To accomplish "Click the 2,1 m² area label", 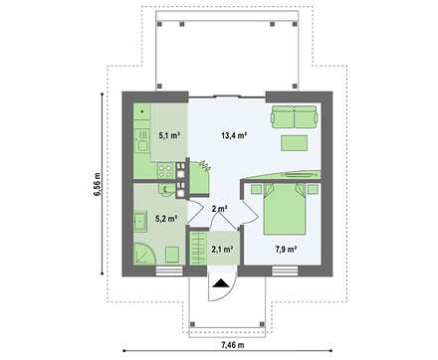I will tap(222, 251).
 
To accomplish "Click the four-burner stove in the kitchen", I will tap(182, 182).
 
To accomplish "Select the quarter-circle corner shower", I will tap(141, 257).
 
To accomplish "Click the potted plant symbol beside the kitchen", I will tap(204, 166).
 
